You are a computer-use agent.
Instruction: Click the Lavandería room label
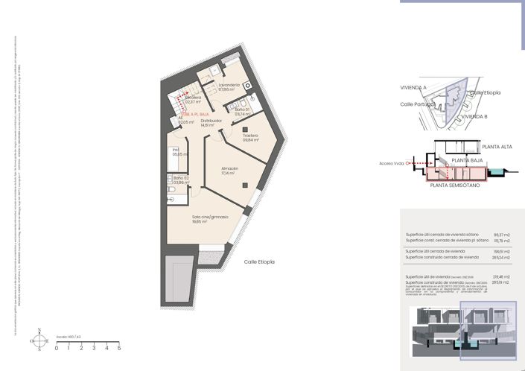[x=229, y=86]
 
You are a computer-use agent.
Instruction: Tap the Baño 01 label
[x=242, y=110]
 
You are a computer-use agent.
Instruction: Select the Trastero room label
[x=250, y=136]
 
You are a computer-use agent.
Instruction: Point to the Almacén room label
[x=229, y=169]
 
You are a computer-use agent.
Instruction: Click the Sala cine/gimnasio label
[x=210, y=217]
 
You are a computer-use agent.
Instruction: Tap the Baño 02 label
[x=181, y=177]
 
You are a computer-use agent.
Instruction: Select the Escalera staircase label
[x=194, y=98]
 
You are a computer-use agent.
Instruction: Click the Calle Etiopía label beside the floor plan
[x=260, y=262]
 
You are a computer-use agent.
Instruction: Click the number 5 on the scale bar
[x=119, y=348]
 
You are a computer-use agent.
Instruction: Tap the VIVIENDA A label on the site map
[x=413, y=87]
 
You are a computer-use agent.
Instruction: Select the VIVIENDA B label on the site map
[x=474, y=117]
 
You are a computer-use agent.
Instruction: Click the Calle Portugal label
[x=418, y=104]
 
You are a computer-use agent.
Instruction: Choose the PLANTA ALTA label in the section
[x=496, y=147]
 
